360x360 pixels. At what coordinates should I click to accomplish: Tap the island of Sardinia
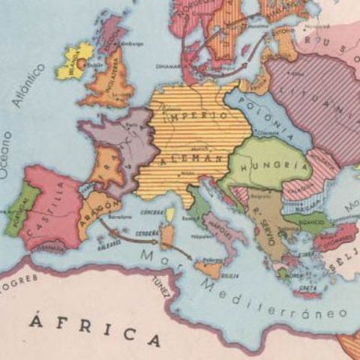(166, 235)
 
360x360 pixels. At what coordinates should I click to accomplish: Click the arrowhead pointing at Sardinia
(157, 241)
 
